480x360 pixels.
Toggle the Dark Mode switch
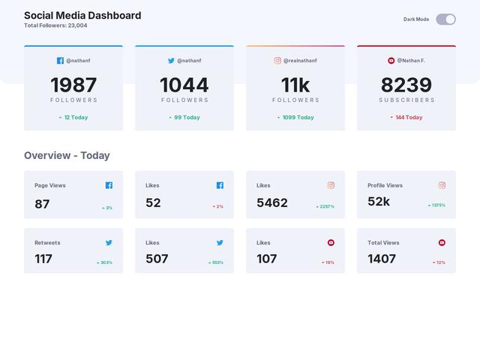point(445,19)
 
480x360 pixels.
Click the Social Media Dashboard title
point(82,15)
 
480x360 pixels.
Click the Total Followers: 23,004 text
point(55,25)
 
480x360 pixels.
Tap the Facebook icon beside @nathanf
point(60,61)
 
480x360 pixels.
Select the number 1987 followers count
point(73,85)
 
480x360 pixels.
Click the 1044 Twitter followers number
point(184,85)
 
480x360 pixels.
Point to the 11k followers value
point(295,85)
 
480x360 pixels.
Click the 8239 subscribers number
point(406,85)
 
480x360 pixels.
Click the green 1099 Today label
point(298,117)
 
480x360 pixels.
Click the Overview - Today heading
point(67,155)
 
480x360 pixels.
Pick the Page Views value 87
point(42,203)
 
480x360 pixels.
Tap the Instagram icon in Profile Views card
point(442,185)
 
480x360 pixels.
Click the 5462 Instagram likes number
point(272,202)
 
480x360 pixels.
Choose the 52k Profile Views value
point(379,202)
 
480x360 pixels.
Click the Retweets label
point(47,243)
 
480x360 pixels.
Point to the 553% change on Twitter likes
point(217,262)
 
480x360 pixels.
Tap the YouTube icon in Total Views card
point(442,243)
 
